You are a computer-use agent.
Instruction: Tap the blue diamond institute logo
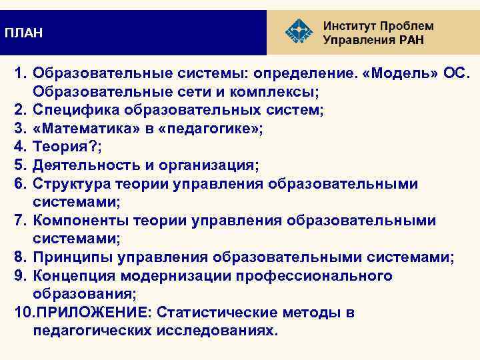(x=297, y=31)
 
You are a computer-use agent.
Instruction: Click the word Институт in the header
(x=349, y=26)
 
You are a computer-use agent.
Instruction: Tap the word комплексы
(x=270, y=91)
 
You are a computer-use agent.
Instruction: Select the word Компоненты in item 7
(x=81, y=221)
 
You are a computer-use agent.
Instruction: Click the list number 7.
(x=20, y=221)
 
